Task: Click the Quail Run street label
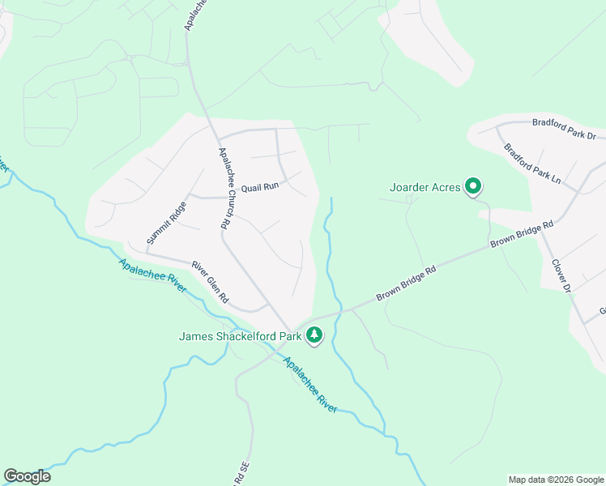click(x=259, y=186)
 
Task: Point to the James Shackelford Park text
click(x=240, y=335)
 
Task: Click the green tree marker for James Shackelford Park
click(x=314, y=334)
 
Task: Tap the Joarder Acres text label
click(x=425, y=187)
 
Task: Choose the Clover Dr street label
click(x=561, y=276)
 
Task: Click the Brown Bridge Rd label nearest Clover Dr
click(x=522, y=234)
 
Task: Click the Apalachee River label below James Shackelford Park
click(x=309, y=386)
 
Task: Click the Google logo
click(x=27, y=476)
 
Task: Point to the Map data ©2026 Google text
click(x=555, y=480)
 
